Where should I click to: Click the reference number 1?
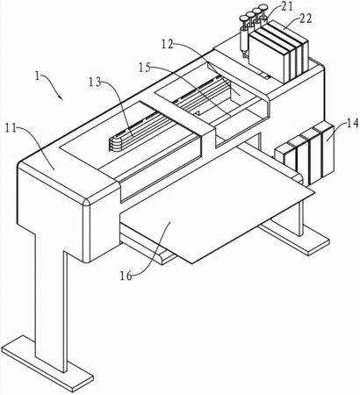(37, 76)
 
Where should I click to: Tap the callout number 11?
(11, 128)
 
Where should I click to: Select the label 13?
(96, 83)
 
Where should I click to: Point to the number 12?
(168, 44)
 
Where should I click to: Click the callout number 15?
(145, 68)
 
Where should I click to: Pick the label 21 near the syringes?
(287, 6)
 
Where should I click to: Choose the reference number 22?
(306, 18)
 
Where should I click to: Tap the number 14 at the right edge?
(352, 123)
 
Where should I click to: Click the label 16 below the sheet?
(126, 276)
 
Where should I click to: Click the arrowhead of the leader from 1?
(61, 98)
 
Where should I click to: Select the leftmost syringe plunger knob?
(244, 18)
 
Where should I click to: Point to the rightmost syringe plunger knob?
(263, 6)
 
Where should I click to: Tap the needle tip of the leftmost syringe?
(243, 56)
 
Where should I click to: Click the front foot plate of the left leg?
(47, 364)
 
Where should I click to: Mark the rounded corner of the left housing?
(87, 203)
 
